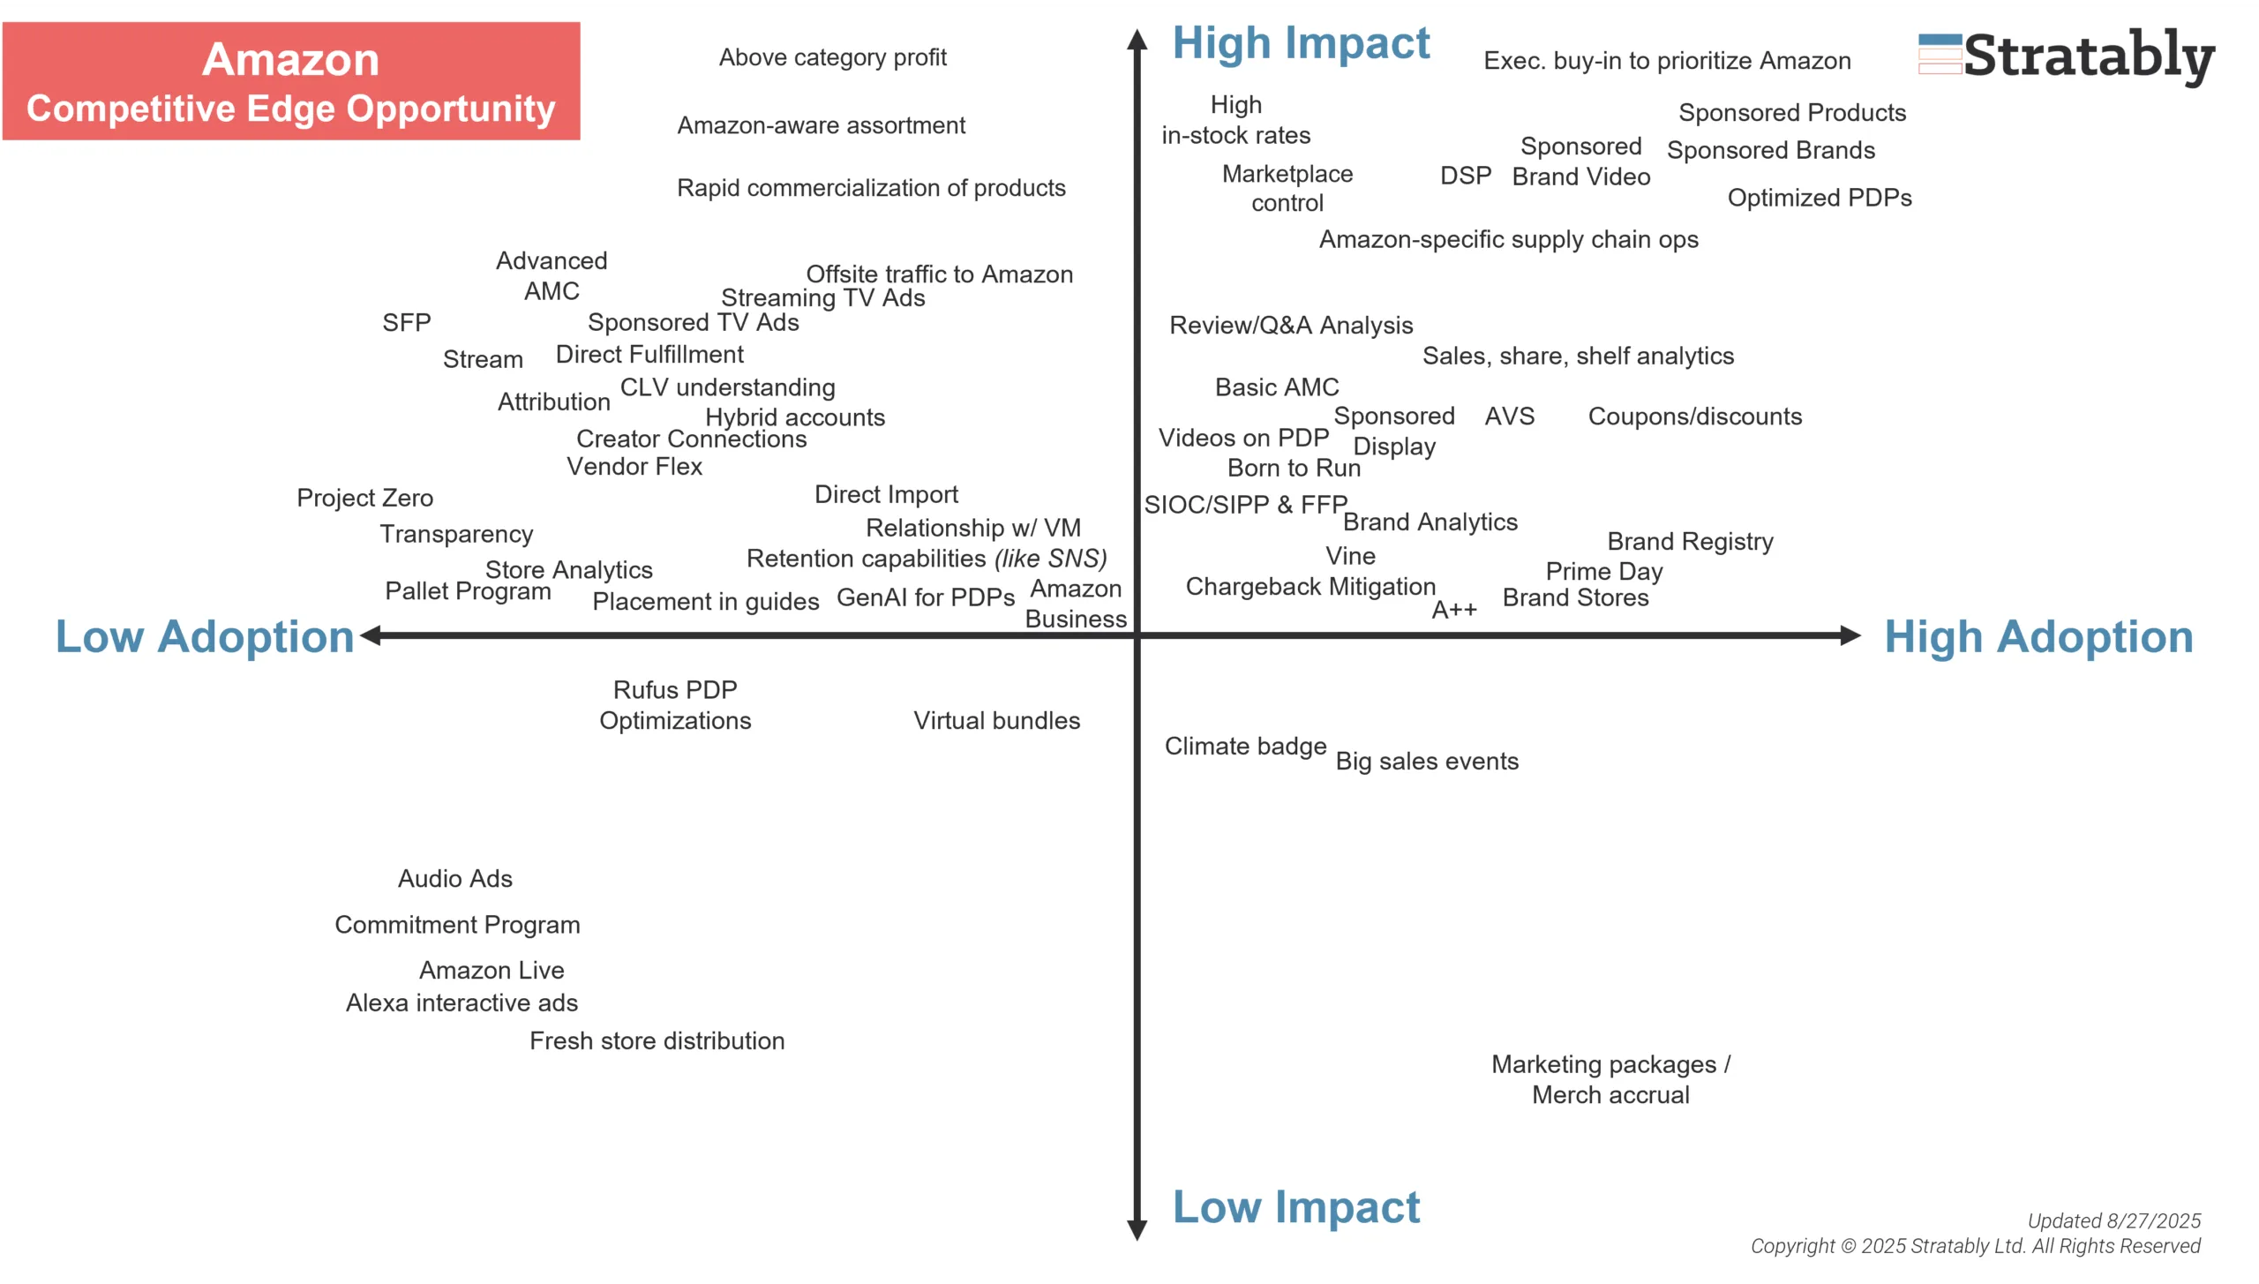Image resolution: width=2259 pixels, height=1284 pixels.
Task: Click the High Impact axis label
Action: click(x=1300, y=43)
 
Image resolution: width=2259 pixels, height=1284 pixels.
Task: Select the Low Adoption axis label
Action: click(x=204, y=636)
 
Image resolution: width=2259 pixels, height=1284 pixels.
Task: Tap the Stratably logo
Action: click(x=2066, y=56)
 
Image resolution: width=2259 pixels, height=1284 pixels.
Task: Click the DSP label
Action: click(x=1465, y=176)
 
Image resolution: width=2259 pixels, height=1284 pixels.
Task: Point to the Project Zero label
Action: click(x=364, y=498)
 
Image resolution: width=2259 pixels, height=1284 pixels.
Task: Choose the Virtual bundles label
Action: click(x=996, y=720)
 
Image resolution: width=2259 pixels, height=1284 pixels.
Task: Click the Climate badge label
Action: click(x=1244, y=746)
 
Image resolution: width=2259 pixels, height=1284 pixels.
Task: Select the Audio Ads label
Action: click(x=454, y=878)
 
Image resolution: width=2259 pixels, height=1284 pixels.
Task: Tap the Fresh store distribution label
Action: click(x=657, y=1040)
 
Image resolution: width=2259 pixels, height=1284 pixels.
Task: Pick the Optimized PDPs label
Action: click(x=1819, y=198)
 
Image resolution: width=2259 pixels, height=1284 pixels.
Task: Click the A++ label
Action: click(x=1453, y=610)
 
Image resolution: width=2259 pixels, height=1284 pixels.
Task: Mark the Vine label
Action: click(x=1349, y=556)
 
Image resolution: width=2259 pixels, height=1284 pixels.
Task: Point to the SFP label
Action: click(x=406, y=322)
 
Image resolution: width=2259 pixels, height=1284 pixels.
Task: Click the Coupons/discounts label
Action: click(x=1694, y=417)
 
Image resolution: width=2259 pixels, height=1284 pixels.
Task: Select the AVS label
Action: click(x=1509, y=416)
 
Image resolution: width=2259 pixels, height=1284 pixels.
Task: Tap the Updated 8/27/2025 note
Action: click(x=2113, y=1220)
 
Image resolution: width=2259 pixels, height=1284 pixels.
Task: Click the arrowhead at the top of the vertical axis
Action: click(x=1137, y=39)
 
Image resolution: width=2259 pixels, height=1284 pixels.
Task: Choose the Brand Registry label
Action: click(x=1689, y=541)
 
